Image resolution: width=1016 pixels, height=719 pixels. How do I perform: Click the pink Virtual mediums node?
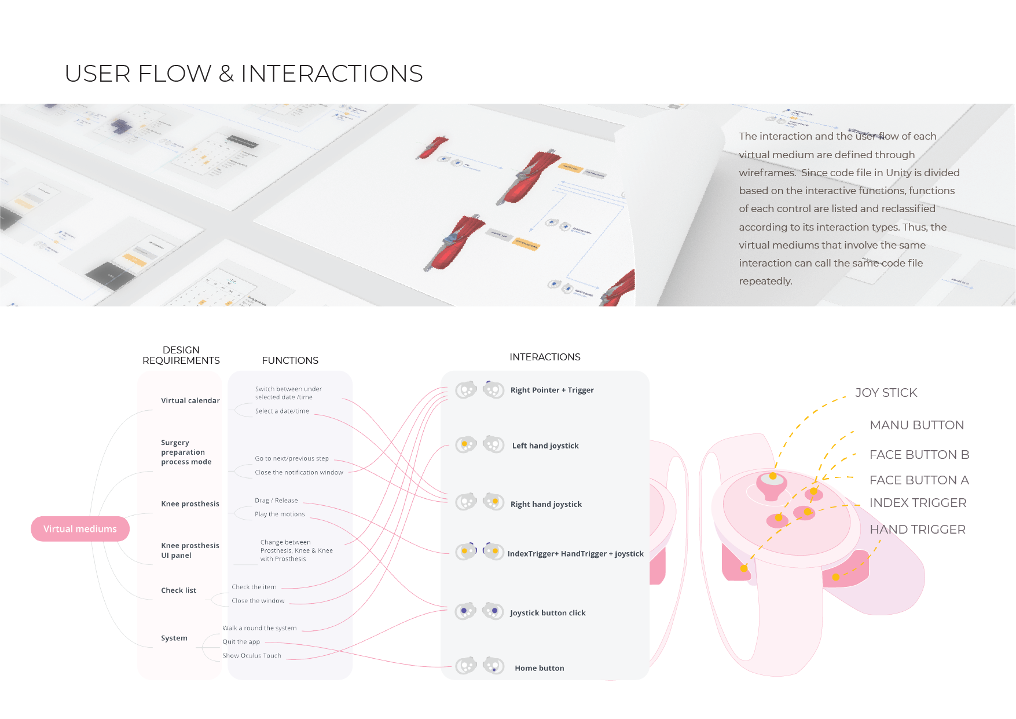pyautogui.click(x=80, y=529)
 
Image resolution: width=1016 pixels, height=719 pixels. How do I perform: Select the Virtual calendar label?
pyautogui.click(x=190, y=400)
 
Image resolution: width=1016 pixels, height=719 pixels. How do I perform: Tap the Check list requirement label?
pyautogui.click(x=178, y=590)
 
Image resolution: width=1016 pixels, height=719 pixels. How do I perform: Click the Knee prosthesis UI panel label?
pyautogui.click(x=190, y=550)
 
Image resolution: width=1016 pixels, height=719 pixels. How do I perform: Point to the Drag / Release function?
pyautogui.click(x=276, y=501)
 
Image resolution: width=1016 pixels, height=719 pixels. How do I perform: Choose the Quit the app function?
pyautogui.click(x=241, y=642)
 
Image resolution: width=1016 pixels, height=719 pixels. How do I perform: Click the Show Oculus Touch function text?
pyautogui.click(x=251, y=656)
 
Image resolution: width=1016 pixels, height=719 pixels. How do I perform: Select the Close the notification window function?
pyautogui.click(x=299, y=473)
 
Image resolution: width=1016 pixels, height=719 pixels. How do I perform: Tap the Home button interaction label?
pyautogui.click(x=539, y=668)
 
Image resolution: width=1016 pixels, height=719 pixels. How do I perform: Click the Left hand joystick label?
pyautogui.click(x=545, y=446)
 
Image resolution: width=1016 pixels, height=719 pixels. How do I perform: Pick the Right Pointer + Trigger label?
pyautogui.click(x=552, y=390)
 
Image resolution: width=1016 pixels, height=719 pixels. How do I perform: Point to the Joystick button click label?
pyautogui.click(x=547, y=613)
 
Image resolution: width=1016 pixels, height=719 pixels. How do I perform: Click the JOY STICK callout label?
pyautogui.click(x=886, y=393)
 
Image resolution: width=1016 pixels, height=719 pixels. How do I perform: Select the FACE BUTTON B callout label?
pyautogui.click(x=919, y=455)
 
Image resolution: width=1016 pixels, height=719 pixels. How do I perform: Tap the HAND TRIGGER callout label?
pyautogui.click(x=917, y=530)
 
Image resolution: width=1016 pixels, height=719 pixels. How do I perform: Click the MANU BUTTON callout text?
pyautogui.click(x=916, y=425)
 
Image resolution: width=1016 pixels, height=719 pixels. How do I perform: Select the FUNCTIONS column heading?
pyautogui.click(x=290, y=360)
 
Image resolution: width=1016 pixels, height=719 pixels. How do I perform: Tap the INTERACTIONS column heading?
pyautogui.click(x=545, y=357)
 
